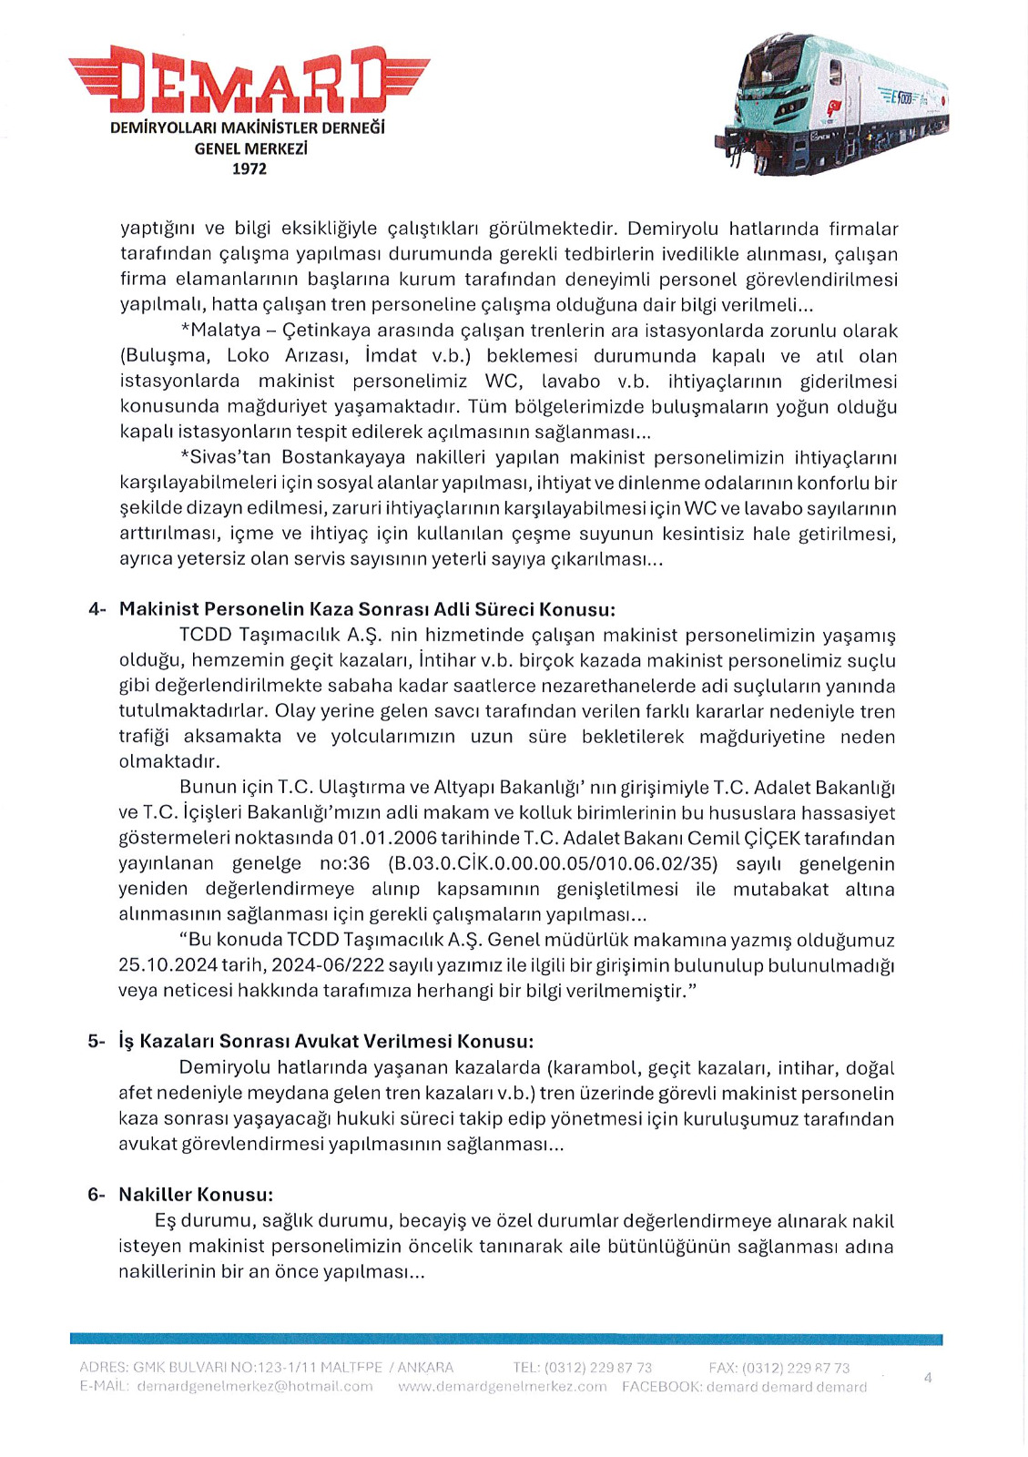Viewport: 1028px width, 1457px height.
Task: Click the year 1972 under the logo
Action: click(249, 168)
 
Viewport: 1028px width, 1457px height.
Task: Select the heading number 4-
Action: click(97, 609)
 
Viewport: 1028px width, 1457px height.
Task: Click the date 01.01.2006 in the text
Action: click(387, 838)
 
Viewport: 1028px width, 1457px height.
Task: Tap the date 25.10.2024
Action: click(161, 965)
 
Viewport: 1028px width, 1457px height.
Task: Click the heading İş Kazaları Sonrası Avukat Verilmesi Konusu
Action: click(326, 1041)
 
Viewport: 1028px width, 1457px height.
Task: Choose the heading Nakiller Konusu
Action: click(196, 1194)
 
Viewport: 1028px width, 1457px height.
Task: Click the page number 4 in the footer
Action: click(928, 1377)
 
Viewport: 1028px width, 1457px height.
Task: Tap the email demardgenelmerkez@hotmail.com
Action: click(255, 1386)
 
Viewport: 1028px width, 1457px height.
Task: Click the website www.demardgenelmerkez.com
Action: click(503, 1386)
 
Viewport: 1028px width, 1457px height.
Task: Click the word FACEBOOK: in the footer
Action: click(662, 1386)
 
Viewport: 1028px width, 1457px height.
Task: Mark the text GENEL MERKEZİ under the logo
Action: click(250, 148)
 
